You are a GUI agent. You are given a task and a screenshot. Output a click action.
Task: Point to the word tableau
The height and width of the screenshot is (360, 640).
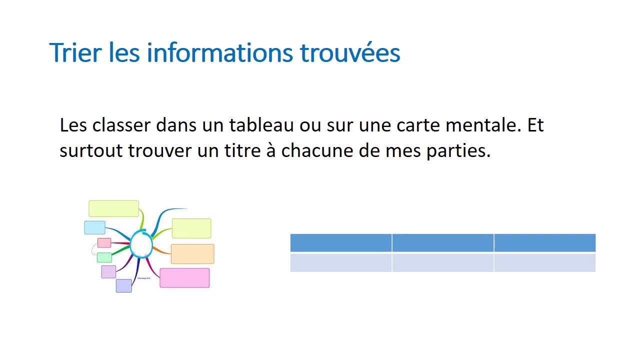point(261,125)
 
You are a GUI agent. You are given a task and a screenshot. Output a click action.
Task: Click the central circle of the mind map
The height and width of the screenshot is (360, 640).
point(141,244)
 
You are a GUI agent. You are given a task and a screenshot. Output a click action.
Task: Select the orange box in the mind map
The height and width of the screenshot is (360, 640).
point(192,254)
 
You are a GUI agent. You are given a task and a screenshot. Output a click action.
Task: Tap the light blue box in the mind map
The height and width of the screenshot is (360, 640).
point(94,227)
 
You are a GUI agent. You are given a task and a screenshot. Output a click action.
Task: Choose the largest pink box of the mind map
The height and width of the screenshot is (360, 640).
point(184,278)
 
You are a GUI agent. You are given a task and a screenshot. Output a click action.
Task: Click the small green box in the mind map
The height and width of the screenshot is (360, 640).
point(104,257)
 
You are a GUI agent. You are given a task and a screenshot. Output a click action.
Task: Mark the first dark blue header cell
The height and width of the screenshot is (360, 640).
point(340,243)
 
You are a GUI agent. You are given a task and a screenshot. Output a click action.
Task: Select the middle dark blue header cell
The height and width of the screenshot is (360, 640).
point(442,243)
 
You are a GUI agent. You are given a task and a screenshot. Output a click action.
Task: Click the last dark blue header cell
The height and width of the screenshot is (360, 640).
point(544,243)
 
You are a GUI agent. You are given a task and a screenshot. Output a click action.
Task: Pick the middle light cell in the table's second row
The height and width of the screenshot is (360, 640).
point(442,263)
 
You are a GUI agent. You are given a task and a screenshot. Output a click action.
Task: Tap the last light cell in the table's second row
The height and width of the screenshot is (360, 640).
point(544,263)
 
